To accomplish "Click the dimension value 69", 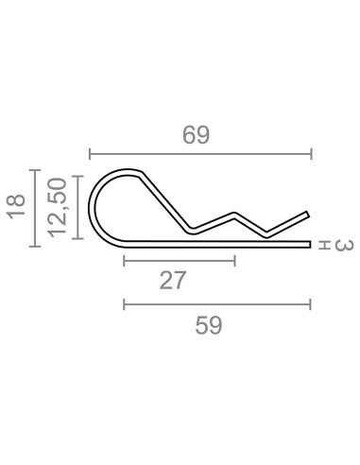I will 196,135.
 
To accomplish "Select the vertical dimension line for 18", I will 35,208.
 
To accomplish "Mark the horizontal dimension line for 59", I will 217,303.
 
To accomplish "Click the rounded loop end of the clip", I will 96,206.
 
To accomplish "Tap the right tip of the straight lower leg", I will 309,245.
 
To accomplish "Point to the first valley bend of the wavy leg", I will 192,228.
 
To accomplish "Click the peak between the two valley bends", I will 235,215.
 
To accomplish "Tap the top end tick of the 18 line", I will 35,171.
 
